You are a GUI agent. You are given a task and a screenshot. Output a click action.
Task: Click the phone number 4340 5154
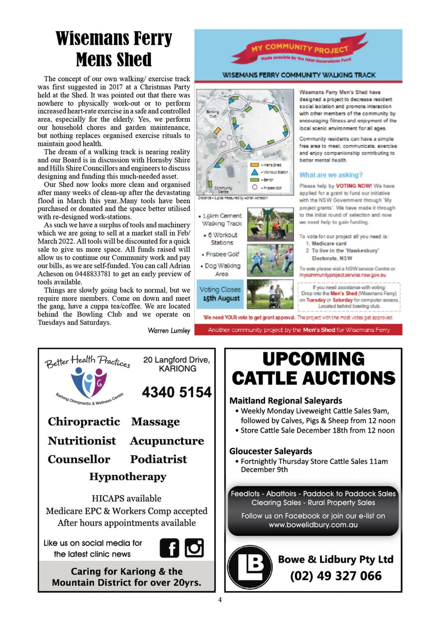pos(177,392)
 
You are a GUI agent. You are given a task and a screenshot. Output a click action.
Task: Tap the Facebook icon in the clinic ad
pos(169,548)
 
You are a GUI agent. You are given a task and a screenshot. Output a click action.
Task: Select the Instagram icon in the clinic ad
pos(194,548)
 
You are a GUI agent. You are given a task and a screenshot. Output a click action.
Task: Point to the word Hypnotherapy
pos(128,477)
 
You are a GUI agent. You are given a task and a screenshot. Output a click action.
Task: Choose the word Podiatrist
pos(158,459)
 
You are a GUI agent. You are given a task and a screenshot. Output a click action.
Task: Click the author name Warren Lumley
pos(169,330)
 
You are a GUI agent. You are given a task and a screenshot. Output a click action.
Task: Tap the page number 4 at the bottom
pos(220,600)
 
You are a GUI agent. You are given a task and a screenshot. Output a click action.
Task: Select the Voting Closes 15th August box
pos(220,294)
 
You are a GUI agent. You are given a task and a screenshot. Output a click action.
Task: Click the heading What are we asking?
pos(331,175)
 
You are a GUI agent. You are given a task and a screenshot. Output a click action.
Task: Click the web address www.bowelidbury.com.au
pos(313,524)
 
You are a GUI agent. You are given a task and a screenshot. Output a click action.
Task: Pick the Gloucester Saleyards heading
pos(271,451)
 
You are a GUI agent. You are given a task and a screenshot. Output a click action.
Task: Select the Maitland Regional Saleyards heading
pos(285,401)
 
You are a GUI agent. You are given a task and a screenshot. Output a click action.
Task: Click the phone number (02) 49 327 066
pos(336,576)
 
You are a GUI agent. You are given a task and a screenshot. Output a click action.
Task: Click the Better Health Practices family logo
pos(88,382)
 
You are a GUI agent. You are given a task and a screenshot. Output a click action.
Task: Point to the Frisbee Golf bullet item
pos(222,254)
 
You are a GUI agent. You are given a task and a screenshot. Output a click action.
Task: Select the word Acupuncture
pos(167,441)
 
